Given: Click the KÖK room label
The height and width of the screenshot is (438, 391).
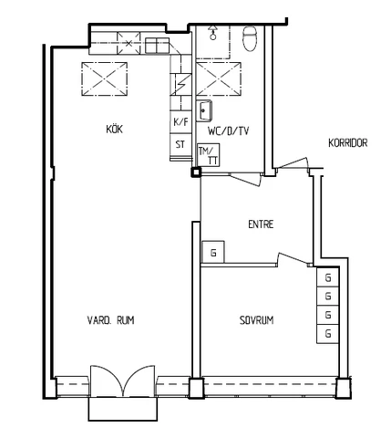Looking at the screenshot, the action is tap(115, 129).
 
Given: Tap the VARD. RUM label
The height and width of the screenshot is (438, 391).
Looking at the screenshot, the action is tap(110, 320).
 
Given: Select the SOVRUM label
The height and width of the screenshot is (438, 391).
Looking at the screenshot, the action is tap(256, 320).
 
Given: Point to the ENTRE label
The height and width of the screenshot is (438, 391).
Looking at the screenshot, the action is tap(261, 224).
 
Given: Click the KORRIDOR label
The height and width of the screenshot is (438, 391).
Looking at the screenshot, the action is tap(348, 142).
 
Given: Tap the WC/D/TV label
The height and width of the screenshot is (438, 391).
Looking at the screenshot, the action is tap(229, 131).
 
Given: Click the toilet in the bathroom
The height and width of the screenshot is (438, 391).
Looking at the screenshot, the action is tap(250, 38).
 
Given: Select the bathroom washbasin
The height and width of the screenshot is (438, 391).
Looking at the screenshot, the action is tap(204, 110).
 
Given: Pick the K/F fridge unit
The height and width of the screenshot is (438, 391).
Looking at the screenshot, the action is tap(180, 122).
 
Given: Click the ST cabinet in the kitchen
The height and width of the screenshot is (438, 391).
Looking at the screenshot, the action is tap(180, 144).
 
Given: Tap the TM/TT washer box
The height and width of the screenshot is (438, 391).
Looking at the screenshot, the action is tap(209, 155).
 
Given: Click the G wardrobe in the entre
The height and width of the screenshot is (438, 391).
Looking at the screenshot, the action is tap(213, 252).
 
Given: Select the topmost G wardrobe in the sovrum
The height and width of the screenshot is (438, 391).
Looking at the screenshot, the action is tap(328, 277).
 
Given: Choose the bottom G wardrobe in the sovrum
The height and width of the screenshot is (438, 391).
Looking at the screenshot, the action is tap(328, 334).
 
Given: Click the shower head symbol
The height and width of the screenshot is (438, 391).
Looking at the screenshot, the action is tap(213, 33).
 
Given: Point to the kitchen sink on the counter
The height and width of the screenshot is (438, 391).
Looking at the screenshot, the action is tap(157, 46).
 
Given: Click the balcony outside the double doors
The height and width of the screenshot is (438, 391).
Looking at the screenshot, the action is tap(123, 409).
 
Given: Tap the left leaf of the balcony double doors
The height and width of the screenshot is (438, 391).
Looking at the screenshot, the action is tap(106, 381).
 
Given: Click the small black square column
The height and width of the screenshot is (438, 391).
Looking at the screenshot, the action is tap(196, 172).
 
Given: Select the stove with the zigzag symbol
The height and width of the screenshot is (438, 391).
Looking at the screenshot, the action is tap(180, 85).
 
